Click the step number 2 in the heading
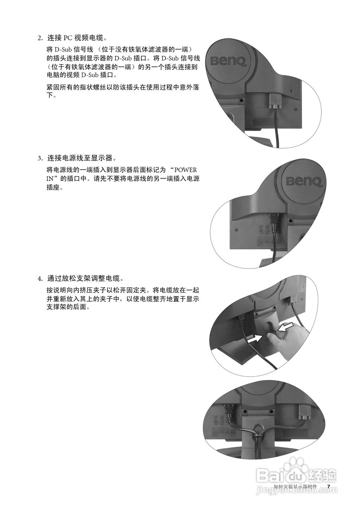pyautogui.click(x=39, y=39)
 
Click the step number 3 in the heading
pyautogui.click(x=39, y=158)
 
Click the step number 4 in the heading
pyautogui.click(x=39, y=278)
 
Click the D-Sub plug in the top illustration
pyautogui.click(x=275, y=101)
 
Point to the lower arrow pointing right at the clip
pyautogui.click(x=255, y=339)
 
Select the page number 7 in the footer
pyautogui.click(x=329, y=486)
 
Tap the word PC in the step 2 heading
pyautogui.click(x=68, y=39)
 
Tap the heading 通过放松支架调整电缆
pyautogui.click(x=80, y=278)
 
